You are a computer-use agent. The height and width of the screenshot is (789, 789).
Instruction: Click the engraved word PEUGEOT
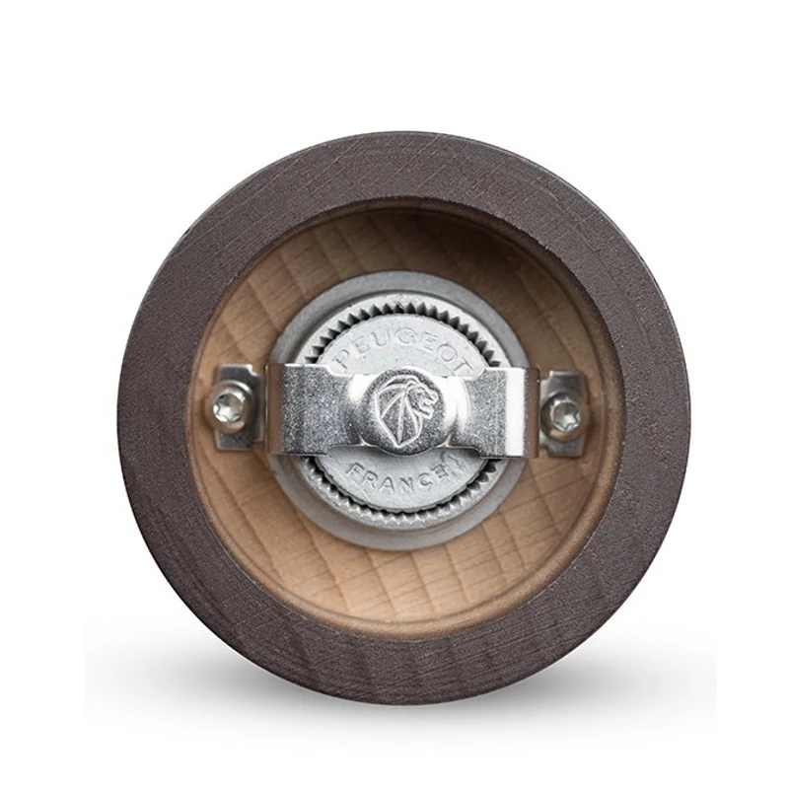403,347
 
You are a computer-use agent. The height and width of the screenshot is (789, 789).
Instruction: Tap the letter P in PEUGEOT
343,359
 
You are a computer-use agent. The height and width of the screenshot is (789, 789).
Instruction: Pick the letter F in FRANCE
356,473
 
